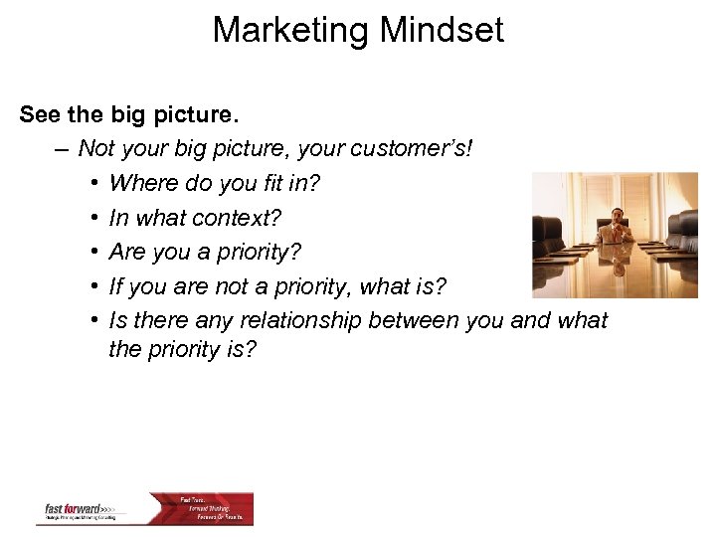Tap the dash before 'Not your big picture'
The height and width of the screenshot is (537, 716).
tap(63, 149)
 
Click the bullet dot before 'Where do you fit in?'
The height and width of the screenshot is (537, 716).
tap(90, 184)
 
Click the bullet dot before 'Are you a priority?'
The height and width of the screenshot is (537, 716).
tap(90, 253)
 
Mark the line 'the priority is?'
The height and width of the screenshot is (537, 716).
tap(182, 350)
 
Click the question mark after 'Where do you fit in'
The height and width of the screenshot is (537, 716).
tap(314, 184)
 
